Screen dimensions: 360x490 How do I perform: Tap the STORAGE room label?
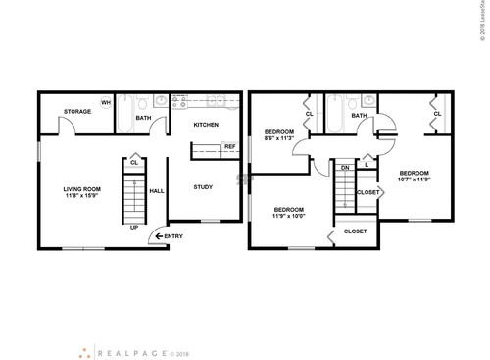coord(78,112)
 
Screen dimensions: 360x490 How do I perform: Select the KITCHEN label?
coord(206,125)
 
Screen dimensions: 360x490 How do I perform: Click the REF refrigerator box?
coord(229,147)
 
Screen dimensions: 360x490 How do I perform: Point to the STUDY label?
coord(203,187)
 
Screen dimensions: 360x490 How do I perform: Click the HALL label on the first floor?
coord(156,193)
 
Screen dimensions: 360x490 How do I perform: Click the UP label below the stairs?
coord(133,228)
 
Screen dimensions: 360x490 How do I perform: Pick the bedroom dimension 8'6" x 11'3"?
coord(279,138)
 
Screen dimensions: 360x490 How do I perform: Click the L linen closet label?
coord(367,167)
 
